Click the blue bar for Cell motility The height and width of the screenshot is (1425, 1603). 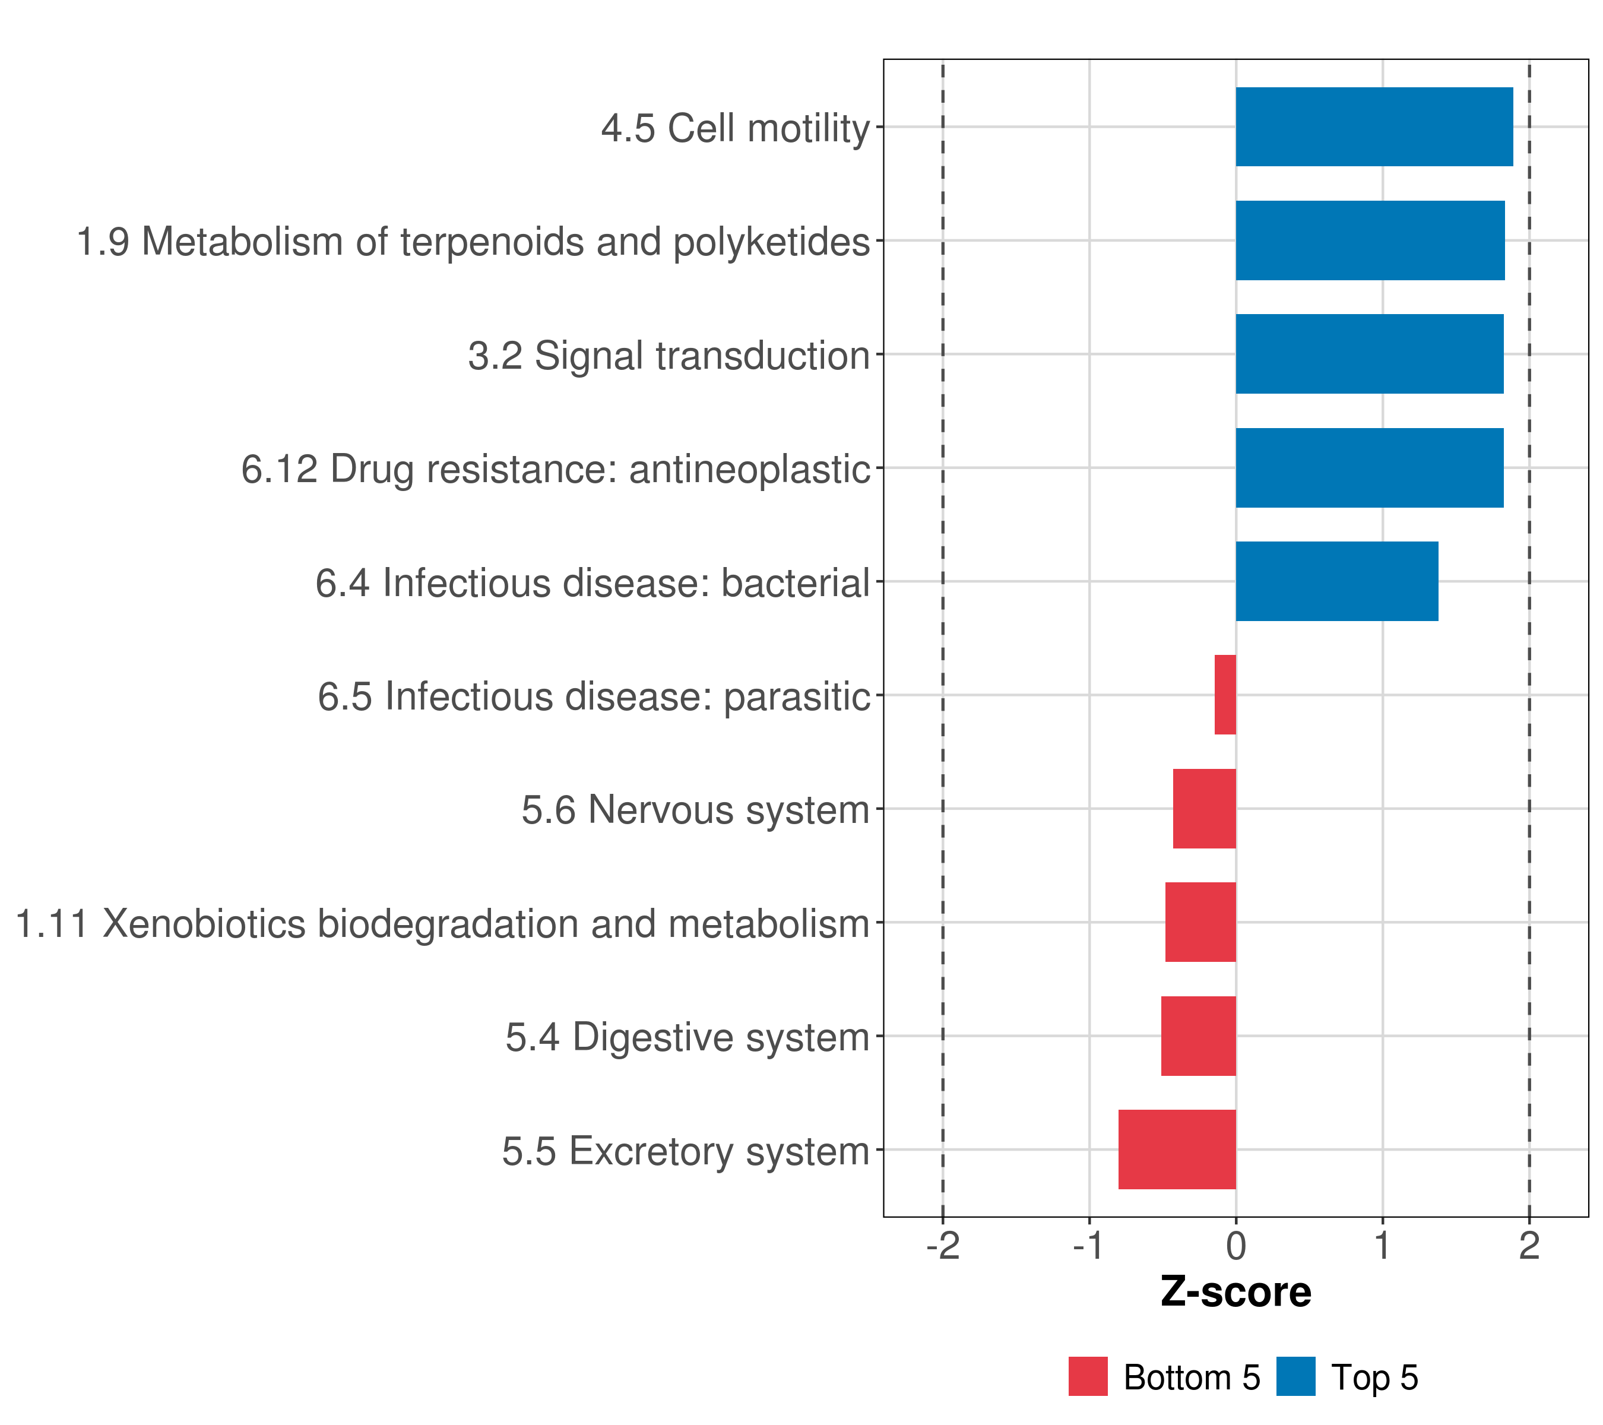click(x=1373, y=127)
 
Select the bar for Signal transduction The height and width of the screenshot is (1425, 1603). click(x=1368, y=354)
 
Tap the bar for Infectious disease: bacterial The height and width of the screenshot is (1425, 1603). click(x=1336, y=581)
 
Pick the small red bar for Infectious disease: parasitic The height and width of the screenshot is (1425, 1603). click(x=1225, y=695)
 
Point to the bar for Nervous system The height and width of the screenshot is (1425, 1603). click(x=1204, y=809)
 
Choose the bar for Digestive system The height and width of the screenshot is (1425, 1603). click(x=1198, y=1036)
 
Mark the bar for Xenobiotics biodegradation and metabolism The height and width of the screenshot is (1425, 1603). click(x=1200, y=922)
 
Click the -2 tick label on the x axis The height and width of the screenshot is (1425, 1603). click(x=943, y=1246)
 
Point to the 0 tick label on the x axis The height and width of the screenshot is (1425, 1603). click(x=1236, y=1246)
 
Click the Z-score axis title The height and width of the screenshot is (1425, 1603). click(x=1236, y=1293)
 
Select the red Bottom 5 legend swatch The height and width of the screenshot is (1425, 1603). click(x=1088, y=1376)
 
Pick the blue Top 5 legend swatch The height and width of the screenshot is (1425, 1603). click(x=1295, y=1376)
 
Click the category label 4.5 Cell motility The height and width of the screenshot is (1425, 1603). click(x=735, y=129)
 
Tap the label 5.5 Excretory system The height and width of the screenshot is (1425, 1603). click(x=686, y=1151)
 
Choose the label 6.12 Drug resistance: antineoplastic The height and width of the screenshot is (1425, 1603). click(x=555, y=469)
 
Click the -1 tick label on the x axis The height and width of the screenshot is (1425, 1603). click(x=1089, y=1246)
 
